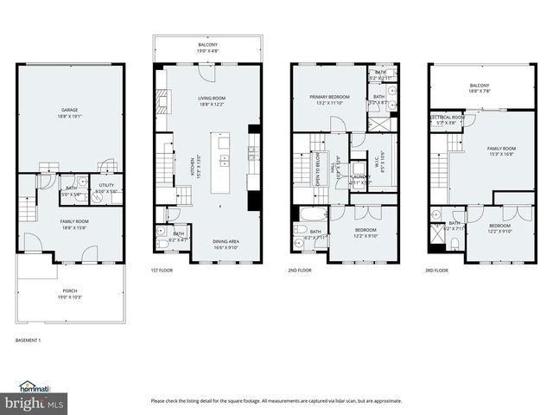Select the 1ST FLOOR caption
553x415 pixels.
pyautogui.click(x=163, y=271)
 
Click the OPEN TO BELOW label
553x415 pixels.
pyautogui.click(x=316, y=169)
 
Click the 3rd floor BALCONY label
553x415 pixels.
pyautogui.click(x=480, y=87)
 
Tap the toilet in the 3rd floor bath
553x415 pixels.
pyautogui.click(x=454, y=244)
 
